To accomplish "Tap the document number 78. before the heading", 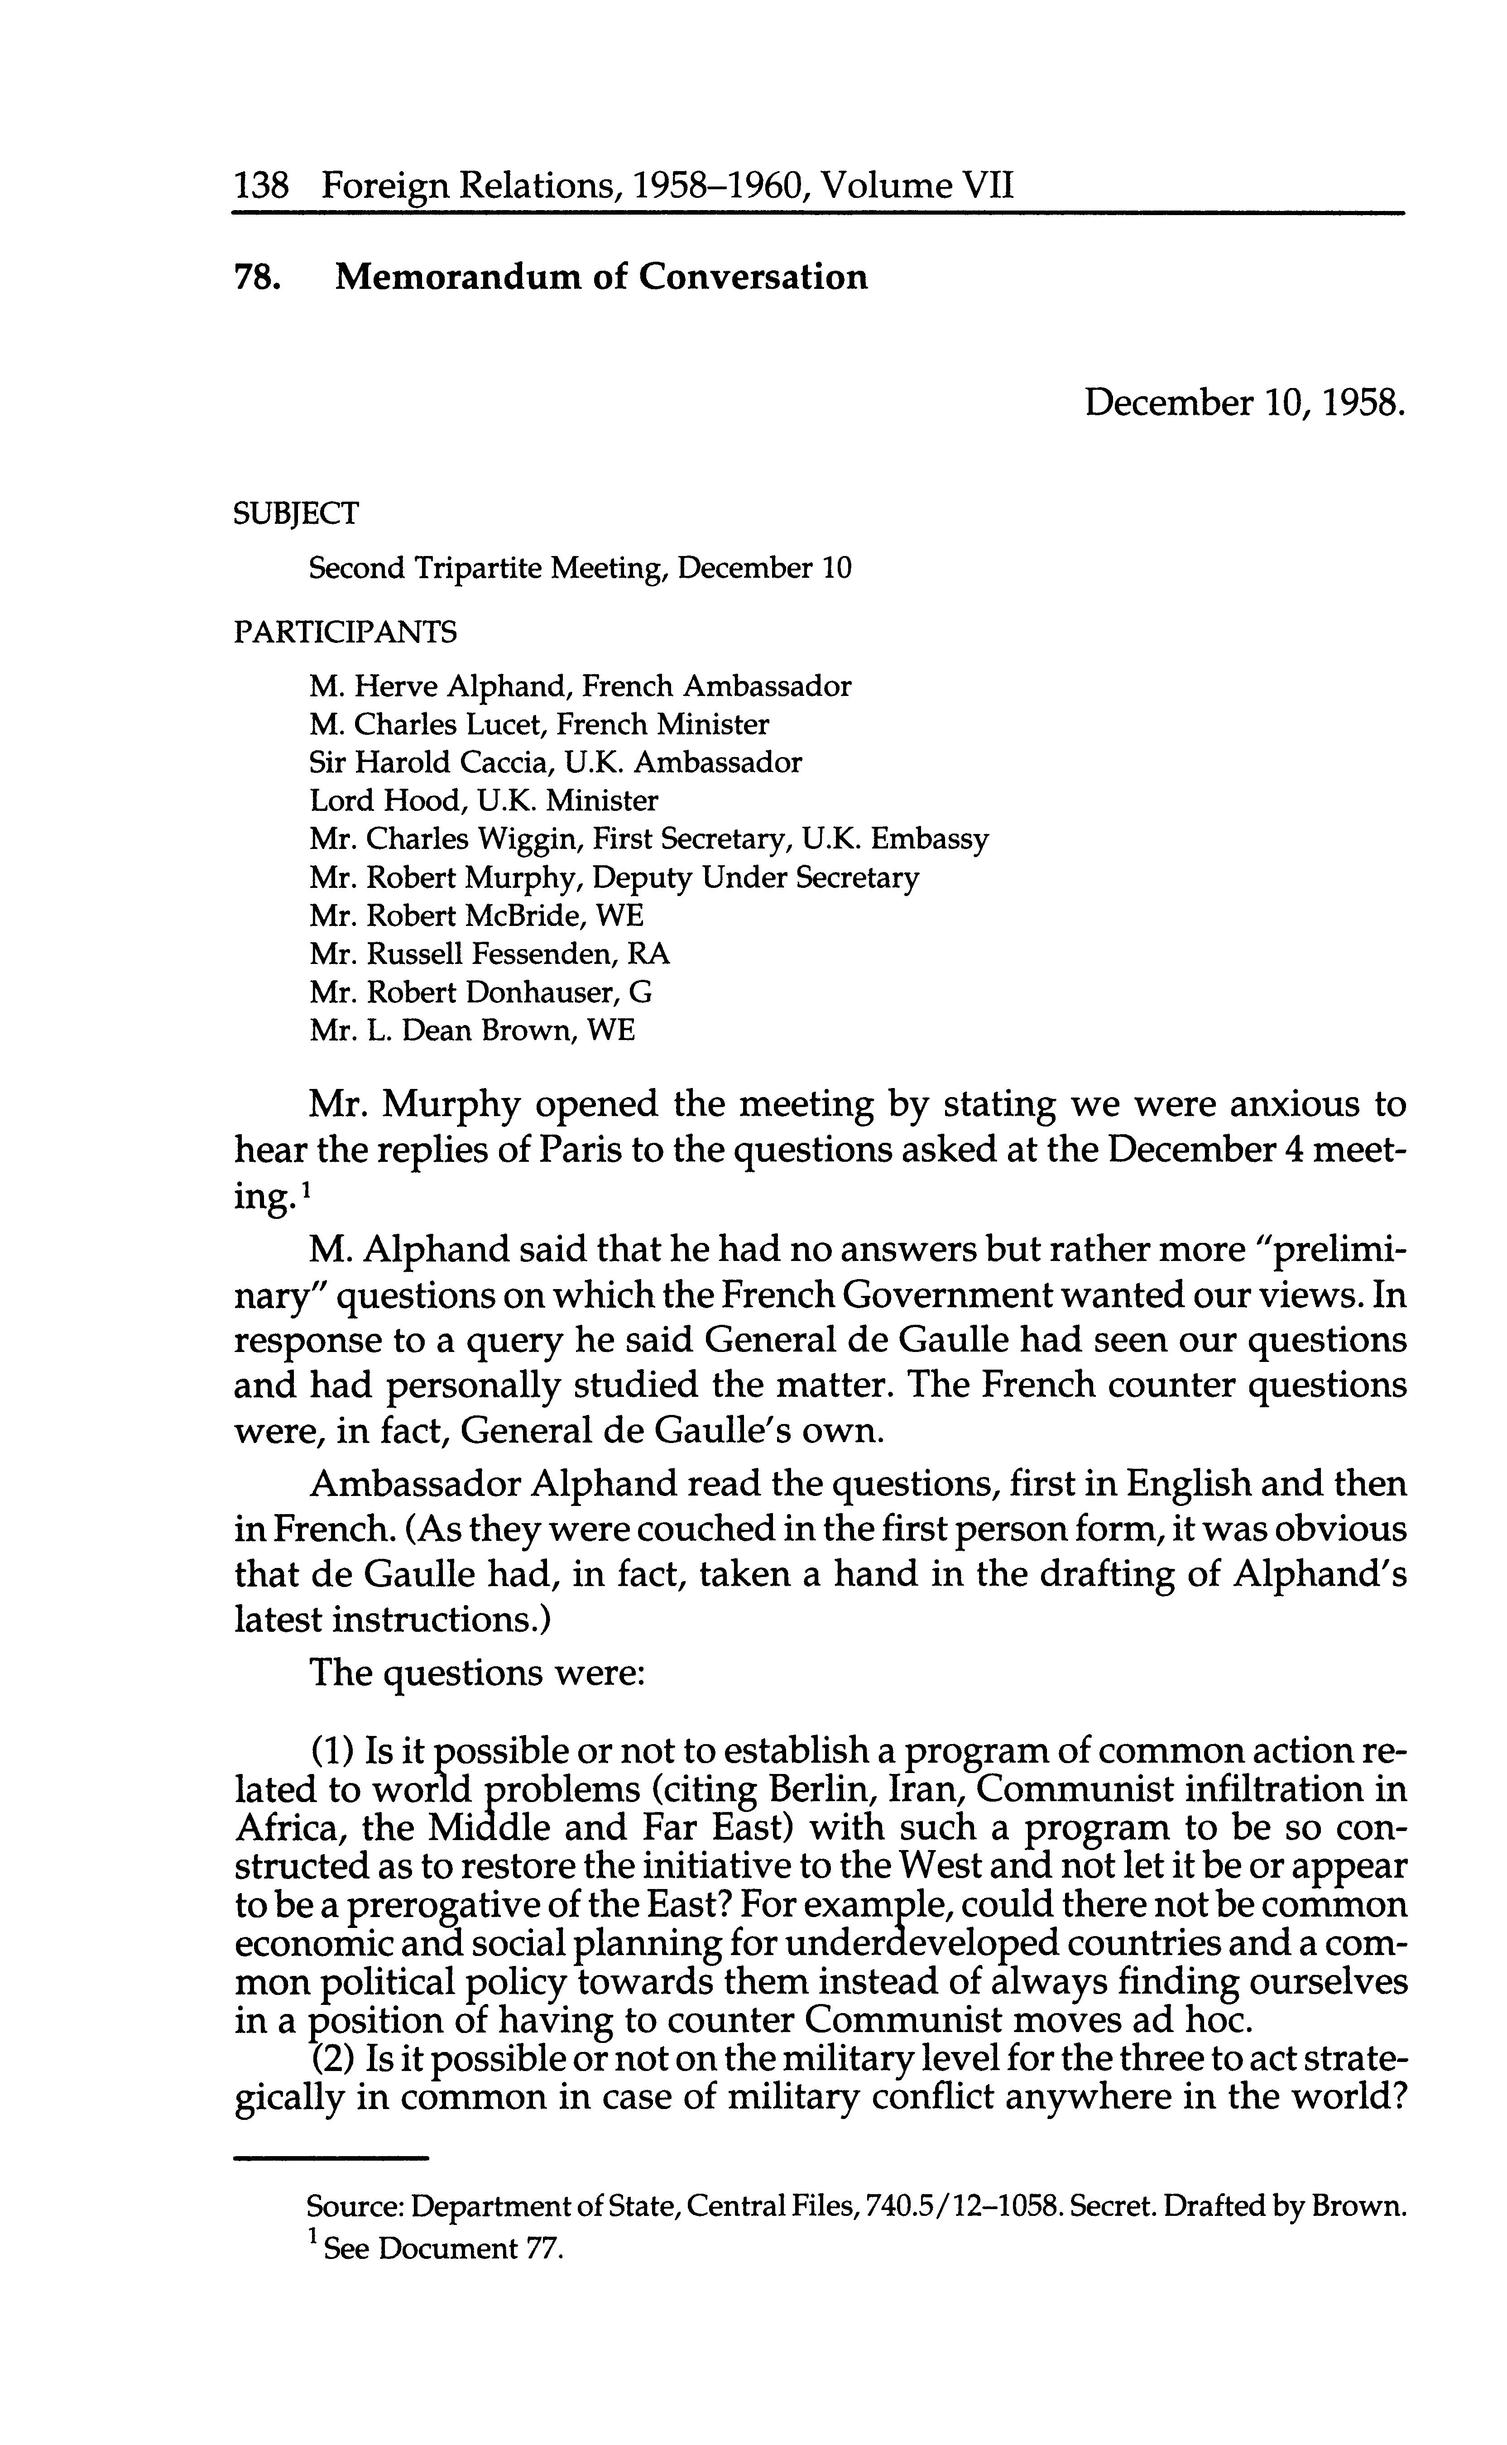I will [x=254, y=277].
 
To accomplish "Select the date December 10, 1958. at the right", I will [x=1245, y=403].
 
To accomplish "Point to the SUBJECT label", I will [x=296, y=514].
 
